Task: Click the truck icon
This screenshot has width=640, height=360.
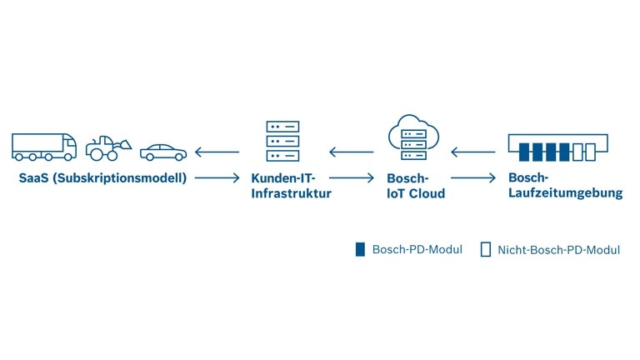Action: pos(44,147)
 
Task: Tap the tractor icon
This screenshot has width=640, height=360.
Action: pos(107,147)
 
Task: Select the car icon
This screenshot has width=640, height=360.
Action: pos(163,152)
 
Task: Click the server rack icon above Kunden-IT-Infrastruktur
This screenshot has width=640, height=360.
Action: pos(282,141)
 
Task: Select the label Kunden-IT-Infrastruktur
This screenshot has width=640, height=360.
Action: pos(291,186)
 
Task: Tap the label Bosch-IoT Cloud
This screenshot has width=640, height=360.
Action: pos(415,186)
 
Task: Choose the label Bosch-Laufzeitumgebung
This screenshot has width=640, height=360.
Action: pos(565,185)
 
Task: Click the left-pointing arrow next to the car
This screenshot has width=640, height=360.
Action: pos(217,152)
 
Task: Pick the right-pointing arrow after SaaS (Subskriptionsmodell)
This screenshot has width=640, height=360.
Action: pos(217,177)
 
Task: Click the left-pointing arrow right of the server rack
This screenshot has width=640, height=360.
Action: pos(351,152)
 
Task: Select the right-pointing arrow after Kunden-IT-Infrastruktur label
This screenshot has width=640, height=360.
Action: pos(352,177)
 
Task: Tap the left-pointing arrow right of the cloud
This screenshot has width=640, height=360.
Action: pos(472,152)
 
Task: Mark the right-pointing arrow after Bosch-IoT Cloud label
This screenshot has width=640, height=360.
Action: pos(473,177)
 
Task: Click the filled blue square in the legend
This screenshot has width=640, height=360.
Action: pos(360,249)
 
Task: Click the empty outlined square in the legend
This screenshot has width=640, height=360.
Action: pos(486,249)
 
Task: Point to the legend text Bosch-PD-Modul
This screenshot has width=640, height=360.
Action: pos(417,249)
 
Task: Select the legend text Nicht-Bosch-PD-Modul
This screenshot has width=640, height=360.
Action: pos(558,249)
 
